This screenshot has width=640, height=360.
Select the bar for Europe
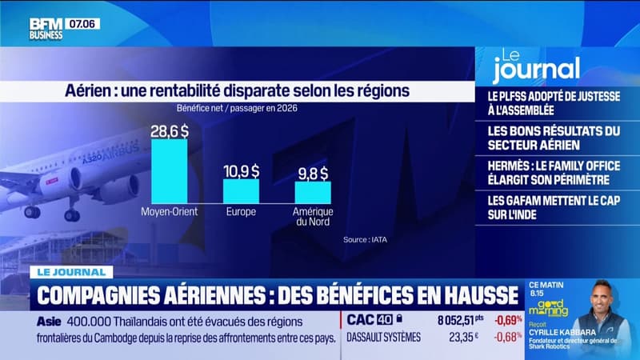(240, 190)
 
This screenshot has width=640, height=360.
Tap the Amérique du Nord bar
(313, 191)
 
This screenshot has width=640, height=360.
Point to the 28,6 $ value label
(170, 129)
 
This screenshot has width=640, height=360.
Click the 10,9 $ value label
(240, 170)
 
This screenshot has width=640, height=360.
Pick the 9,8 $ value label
(313, 173)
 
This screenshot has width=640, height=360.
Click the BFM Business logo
(46, 28)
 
